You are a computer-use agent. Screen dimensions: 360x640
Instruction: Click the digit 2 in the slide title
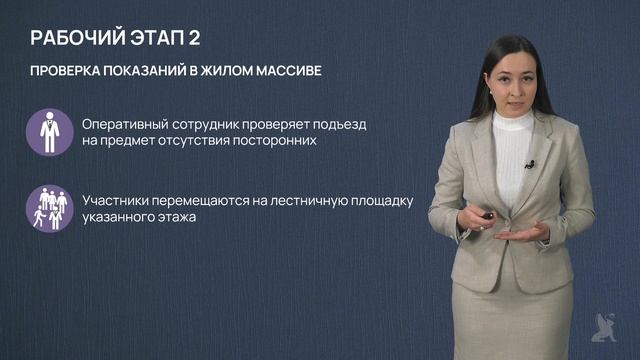[205, 40]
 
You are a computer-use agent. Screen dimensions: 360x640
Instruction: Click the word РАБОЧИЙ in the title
[77, 40]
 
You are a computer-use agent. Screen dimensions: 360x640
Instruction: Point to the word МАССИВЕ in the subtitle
[297, 75]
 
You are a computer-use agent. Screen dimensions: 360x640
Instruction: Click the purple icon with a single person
[47, 132]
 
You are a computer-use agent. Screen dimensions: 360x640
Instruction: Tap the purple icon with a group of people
[47, 207]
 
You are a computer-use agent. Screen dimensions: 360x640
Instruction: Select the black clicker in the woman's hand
[487, 216]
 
